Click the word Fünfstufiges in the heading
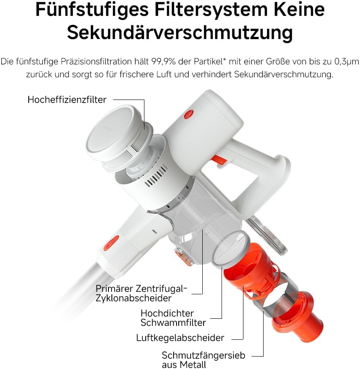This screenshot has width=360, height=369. click(92, 9)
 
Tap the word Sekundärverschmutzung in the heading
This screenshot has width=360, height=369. click(180, 33)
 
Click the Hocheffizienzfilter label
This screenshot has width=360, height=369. click(67, 100)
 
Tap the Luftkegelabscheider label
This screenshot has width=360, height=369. click(180, 338)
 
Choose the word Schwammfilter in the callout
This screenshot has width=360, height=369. click(173, 323)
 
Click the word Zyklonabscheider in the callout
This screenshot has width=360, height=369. click(133, 298)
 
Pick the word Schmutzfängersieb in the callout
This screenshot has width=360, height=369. click(203, 355)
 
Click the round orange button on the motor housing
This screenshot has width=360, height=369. click(189, 115)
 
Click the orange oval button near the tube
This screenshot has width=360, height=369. click(111, 243)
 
